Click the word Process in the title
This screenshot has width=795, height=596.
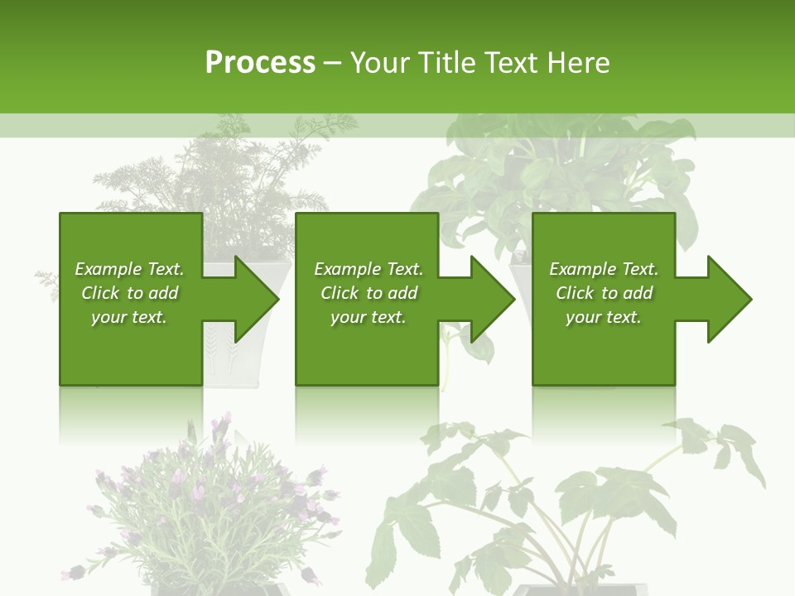coord(260,63)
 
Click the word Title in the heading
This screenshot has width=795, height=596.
coord(444,63)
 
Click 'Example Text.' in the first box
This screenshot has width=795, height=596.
coord(129,269)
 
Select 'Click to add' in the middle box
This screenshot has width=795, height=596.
coord(369,293)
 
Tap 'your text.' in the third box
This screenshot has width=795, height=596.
coord(603,317)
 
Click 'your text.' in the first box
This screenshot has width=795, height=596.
coord(129,317)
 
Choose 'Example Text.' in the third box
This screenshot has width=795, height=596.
coord(603,269)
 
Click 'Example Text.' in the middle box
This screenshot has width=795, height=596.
coord(369,269)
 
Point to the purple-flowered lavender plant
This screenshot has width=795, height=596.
coord(207,505)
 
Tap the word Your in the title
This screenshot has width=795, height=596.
coord(378,63)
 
